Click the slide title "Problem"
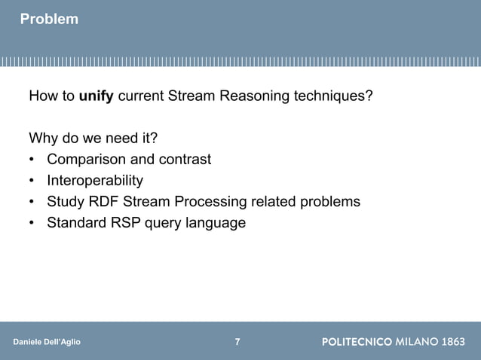tap(49, 19)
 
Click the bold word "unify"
tap(96, 97)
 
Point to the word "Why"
tap(42, 139)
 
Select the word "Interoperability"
tap(95, 181)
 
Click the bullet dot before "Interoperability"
tap(32, 182)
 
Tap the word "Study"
tap(65, 202)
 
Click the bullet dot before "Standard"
tap(32, 224)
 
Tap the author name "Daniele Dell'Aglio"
tap(47, 343)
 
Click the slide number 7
tap(237, 342)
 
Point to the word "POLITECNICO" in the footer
tap(357, 342)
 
